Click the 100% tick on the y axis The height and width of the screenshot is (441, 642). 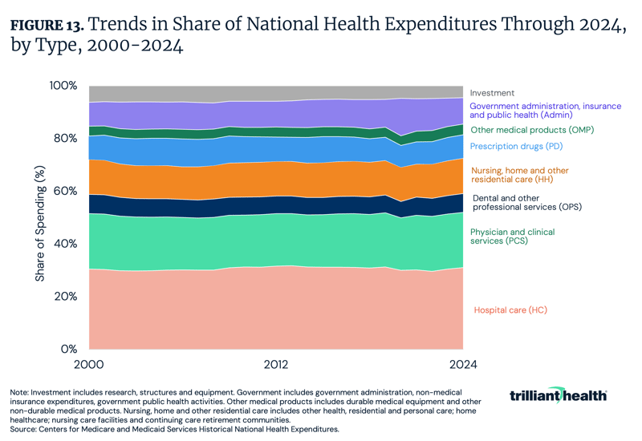(x=63, y=86)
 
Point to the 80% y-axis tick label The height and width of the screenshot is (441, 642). (x=65, y=138)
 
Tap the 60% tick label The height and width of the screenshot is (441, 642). (x=65, y=191)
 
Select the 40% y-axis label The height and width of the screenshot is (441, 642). (x=65, y=244)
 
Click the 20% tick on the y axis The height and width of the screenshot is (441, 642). (x=65, y=297)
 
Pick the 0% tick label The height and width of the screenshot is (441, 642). (x=69, y=350)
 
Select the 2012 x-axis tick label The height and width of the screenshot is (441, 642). (x=276, y=365)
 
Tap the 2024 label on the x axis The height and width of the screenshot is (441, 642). (x=463, y=365)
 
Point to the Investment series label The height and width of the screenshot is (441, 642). (x=492, y=93)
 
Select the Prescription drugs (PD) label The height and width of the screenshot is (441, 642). (x=518, y=146)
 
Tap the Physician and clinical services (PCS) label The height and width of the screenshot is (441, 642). (x=512, y=237)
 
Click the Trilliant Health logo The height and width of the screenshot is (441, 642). (x=558, y=395)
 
